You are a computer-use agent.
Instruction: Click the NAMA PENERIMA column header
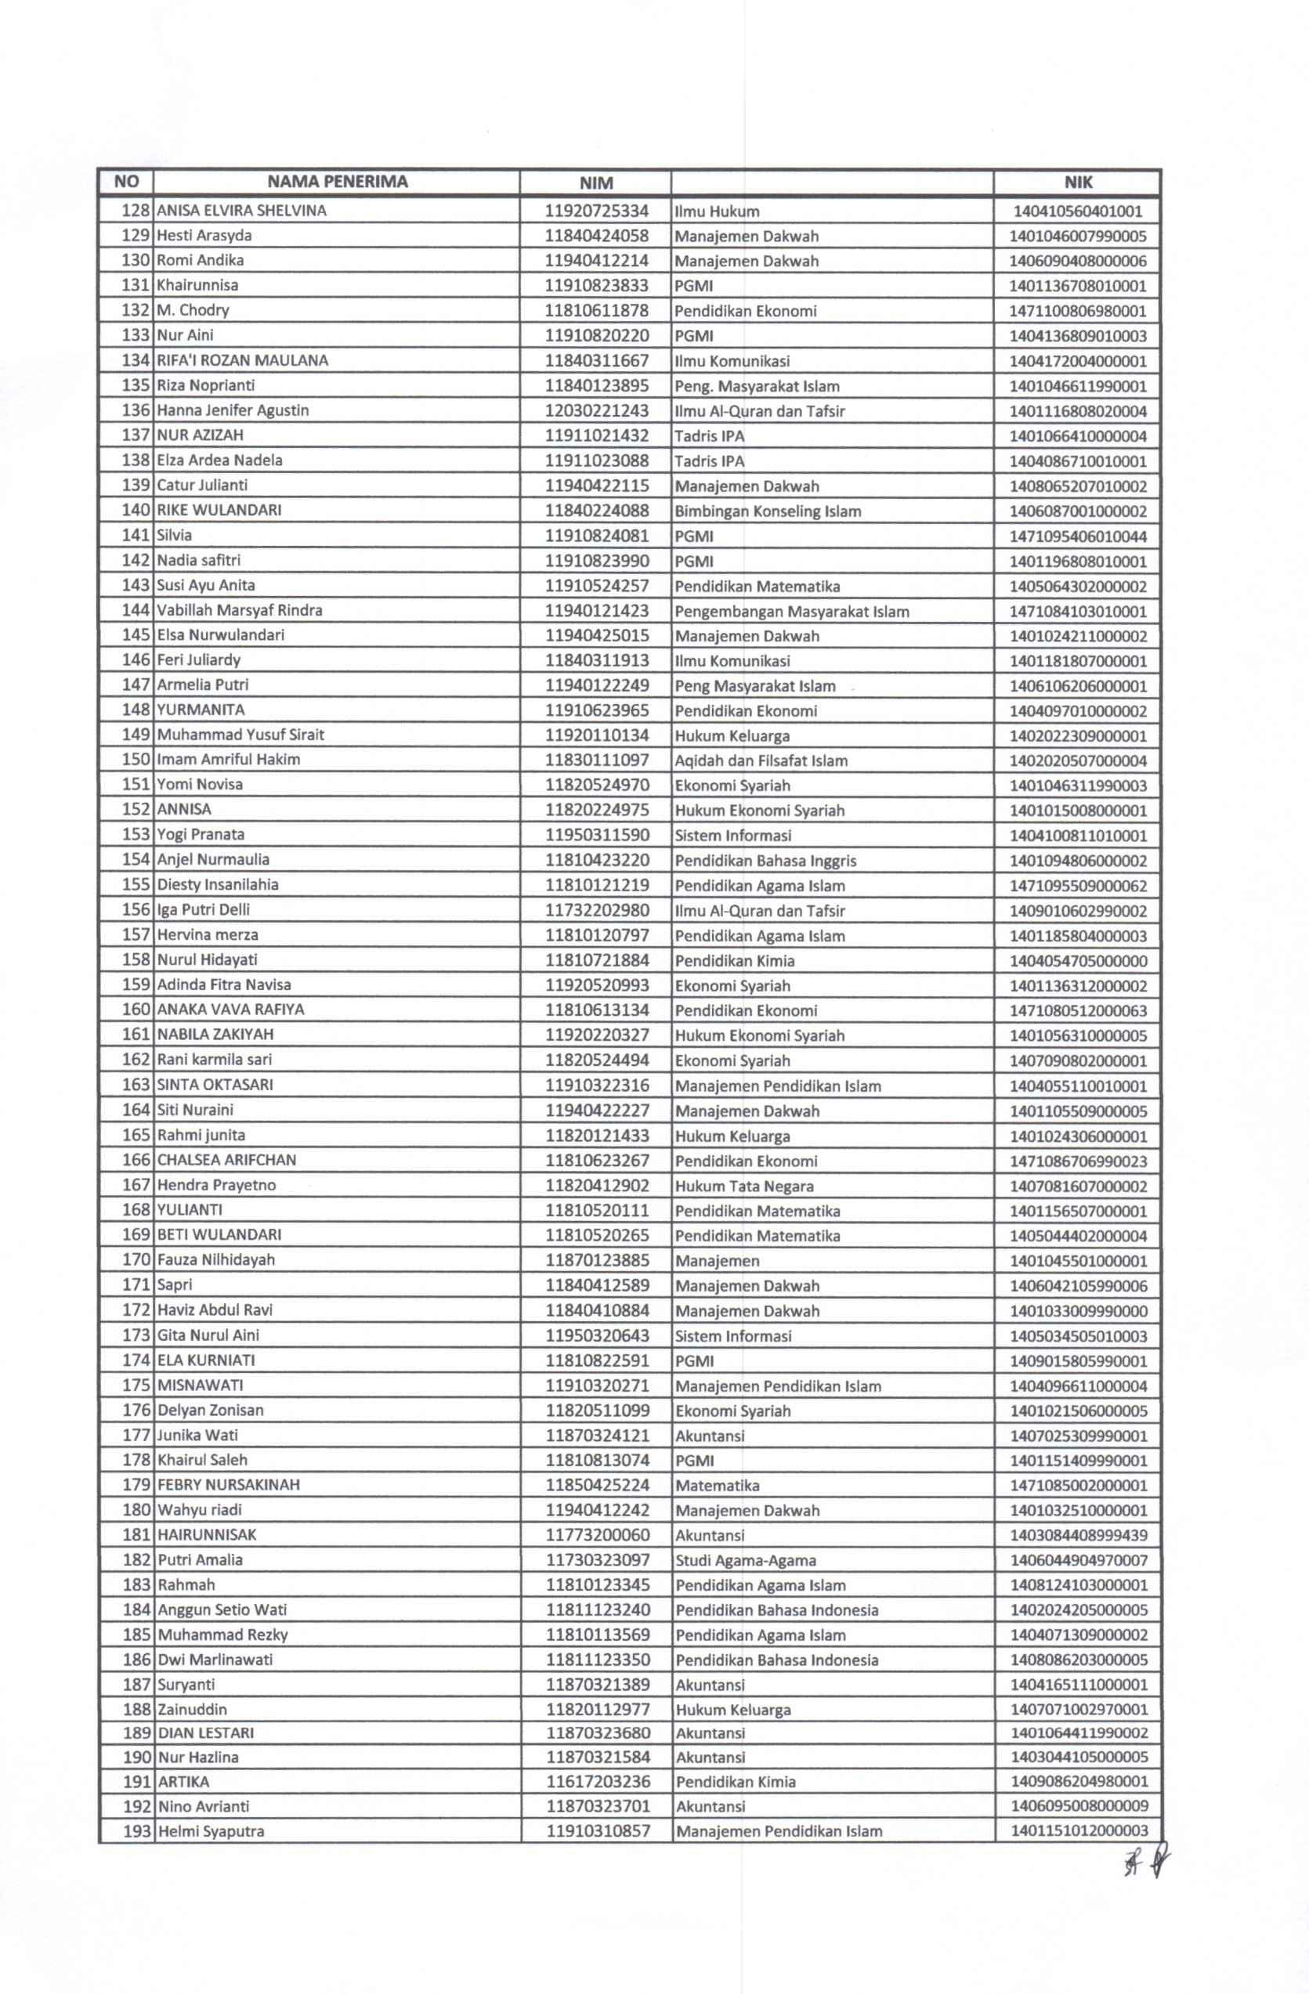point(337,182)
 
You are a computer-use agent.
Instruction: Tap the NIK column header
point(1078,182)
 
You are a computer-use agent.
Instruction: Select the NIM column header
point(596,182)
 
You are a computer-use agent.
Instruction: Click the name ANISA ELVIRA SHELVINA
point(241,211)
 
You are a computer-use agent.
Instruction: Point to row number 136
point(135,410)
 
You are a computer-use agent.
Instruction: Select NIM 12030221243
point(597,410)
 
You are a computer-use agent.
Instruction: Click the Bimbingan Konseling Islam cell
point(768,511)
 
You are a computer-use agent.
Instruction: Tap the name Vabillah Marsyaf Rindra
point(240,610)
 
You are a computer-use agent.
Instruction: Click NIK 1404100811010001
point(1078,836)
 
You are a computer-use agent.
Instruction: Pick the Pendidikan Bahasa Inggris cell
point(766,861)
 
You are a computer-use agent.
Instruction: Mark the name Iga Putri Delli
point(204,910)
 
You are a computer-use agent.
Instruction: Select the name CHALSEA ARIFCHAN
point(226,1161)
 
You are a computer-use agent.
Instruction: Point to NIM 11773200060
point(598,1535)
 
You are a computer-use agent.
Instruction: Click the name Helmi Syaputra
point(212,1831)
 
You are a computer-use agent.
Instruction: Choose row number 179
point(136,1485)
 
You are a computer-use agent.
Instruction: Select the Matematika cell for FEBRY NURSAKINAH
point(718,1486)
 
